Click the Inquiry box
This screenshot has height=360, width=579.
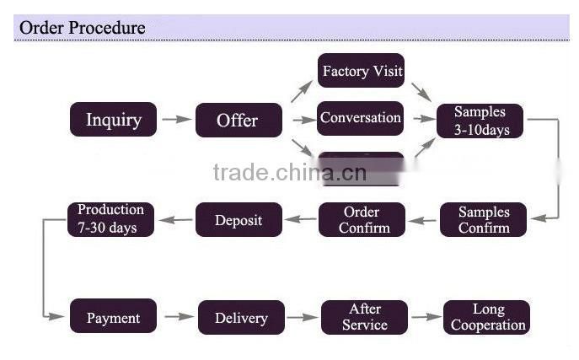(x=113, y=120)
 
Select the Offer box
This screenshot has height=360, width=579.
(x=238, y=120)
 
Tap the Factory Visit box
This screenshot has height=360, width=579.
(x=362, y=71)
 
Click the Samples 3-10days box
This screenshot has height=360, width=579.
(x=480, y=121)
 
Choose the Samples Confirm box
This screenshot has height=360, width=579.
(x=484, y=220)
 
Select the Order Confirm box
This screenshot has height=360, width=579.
(x=361, y=220)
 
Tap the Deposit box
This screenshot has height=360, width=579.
(x=238, y=220)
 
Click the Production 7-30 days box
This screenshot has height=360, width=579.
(x=111, y=218)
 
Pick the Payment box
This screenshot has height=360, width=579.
(x=113, y=317)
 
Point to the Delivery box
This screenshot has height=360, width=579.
(x=241, y=318)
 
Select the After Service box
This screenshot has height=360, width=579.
(x=364, y=317)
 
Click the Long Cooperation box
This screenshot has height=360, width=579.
(x=487, y=317)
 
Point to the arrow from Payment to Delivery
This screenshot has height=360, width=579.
(x=178, y=317)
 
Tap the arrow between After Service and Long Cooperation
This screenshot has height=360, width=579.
(x=426, y=317)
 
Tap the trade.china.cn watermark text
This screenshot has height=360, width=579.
(x=289, y=174)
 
